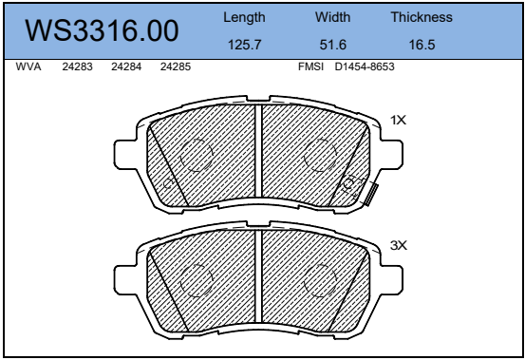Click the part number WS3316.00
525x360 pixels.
pos(102,30)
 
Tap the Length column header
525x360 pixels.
pos(244,17)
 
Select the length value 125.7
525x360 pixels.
pos(244,45)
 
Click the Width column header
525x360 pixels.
pos(332,17)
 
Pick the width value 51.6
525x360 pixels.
pos(333,45)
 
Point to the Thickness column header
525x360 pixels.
pos(422,17)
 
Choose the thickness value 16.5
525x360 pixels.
pos(422,45)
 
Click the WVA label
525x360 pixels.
pos(28,66)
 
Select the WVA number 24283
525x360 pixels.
pos(77,66)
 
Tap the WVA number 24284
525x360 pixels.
pos(126,66)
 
